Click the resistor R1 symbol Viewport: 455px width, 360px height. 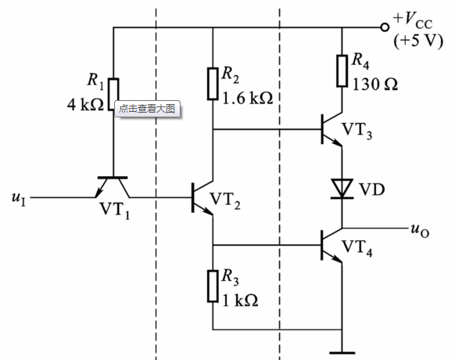(113, 94)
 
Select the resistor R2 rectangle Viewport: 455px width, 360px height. (213, 84)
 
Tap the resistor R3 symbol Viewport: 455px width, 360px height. (213, 286)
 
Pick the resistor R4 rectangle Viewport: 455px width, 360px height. (342, 71)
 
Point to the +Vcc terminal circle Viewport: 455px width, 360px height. (385, 27)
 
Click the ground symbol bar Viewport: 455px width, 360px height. (342, 353)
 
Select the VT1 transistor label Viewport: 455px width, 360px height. (115, 210)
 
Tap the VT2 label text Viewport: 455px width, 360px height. (225, 200)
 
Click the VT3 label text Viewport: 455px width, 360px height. (357, 131)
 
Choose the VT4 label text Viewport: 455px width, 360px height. (357, 248)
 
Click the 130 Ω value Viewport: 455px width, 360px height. (375, 85)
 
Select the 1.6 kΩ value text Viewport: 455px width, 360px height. (248, 98)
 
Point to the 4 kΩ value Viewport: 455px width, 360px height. (85, 105)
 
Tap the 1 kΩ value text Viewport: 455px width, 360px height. (240, 301)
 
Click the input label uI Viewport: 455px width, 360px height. (19, 199)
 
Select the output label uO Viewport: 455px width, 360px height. (420, 231)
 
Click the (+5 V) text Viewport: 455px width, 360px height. (418, 41)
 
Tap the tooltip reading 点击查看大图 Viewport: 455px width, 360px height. (148, 109)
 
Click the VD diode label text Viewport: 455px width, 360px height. (372, 189)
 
